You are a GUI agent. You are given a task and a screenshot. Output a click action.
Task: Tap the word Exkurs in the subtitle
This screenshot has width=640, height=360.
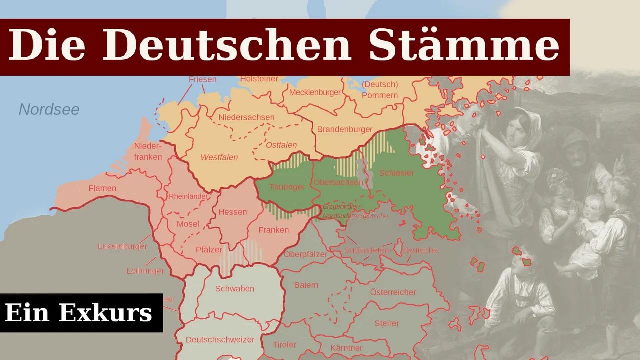pos(105,313)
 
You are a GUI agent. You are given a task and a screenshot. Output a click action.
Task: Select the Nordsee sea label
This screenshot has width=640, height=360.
pos(49,110)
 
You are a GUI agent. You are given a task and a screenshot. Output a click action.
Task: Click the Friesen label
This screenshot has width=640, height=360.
pos(203,79)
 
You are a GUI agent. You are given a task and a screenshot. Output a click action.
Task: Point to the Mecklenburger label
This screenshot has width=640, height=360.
pos(315,92)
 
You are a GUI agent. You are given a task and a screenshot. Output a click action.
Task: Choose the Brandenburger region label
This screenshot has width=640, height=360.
pos(345,129)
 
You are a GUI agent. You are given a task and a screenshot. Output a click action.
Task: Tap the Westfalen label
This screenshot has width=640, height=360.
pos(219,157)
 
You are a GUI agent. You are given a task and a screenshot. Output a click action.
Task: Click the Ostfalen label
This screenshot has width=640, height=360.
pos(281,145)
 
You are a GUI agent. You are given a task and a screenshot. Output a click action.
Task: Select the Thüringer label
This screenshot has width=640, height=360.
pos(287,187)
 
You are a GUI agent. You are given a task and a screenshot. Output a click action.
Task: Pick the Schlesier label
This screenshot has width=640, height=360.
pos(397,173)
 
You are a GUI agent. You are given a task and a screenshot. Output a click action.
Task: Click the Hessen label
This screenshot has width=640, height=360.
pos(233,212)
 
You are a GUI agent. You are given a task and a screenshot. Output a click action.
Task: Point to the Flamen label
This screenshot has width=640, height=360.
pos(102,188)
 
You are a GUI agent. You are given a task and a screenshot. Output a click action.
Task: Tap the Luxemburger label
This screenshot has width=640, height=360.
pos(122,246)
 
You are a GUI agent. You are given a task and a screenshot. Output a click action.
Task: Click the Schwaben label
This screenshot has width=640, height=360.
pos(235,289)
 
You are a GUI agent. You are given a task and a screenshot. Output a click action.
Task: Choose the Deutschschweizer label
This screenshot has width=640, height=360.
pos(220,340)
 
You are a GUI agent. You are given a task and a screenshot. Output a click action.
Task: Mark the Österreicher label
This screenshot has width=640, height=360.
pos(393,292)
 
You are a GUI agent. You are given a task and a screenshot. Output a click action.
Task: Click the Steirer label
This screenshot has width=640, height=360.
pos(387,323)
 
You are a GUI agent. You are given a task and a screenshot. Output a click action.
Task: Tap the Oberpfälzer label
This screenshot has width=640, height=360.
pos(305,254)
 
